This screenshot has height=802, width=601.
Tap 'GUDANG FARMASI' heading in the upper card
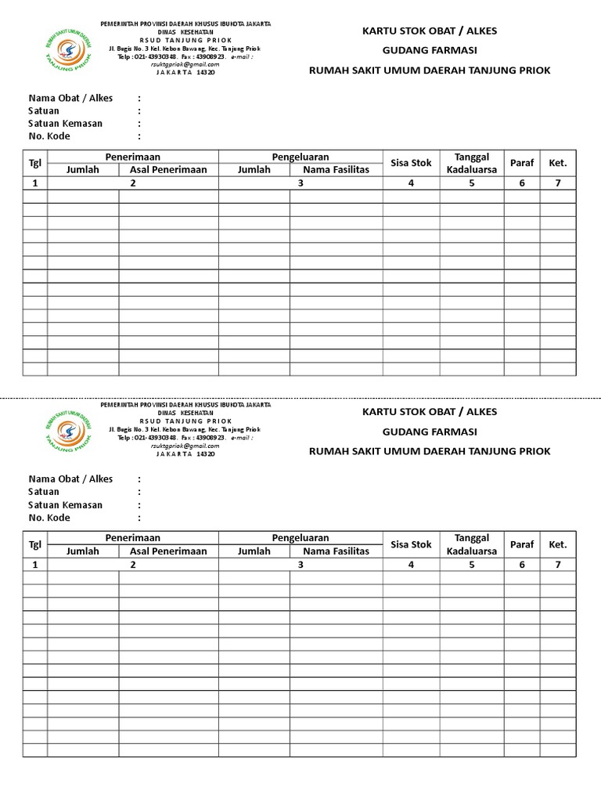coord(430,50)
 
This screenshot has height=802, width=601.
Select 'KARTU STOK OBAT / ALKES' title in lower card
coord(430,412)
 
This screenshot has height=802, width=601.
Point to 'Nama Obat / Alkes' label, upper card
coord(70,98)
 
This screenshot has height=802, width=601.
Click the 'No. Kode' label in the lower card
coord(49,517)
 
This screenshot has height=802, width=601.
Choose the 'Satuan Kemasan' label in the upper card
coord(65,123)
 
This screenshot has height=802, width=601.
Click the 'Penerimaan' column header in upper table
coord(133,157)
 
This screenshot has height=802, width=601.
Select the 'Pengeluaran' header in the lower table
coord(300,538)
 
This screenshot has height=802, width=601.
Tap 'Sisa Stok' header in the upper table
coord(411,163)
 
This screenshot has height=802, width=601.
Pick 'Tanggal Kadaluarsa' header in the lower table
coord(472,544)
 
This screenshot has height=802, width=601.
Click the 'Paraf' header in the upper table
coord(522,163)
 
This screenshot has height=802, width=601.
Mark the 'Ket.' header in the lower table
coord(558,544)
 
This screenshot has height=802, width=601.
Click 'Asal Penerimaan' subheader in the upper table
coord(168,170)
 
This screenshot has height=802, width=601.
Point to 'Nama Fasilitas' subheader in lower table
coord(336,551)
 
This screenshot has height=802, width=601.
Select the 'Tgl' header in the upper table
coord(35,163)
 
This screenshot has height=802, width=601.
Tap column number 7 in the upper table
coord(558,182)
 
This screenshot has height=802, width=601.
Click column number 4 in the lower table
coord(411,563)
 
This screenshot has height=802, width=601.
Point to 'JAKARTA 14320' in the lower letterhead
coord(185,453)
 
